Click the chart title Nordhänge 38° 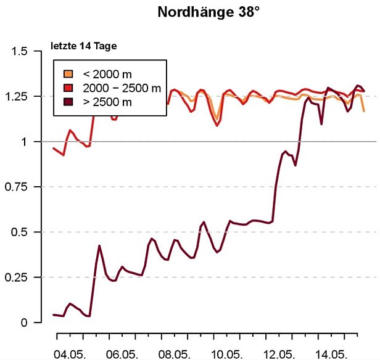[x=209, y=12]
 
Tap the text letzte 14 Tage [x=83, y=46]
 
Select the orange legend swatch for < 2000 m [x=70, y=74]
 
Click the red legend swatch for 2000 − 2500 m [x=70, y=88]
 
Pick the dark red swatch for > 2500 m [x=70, y=101]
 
